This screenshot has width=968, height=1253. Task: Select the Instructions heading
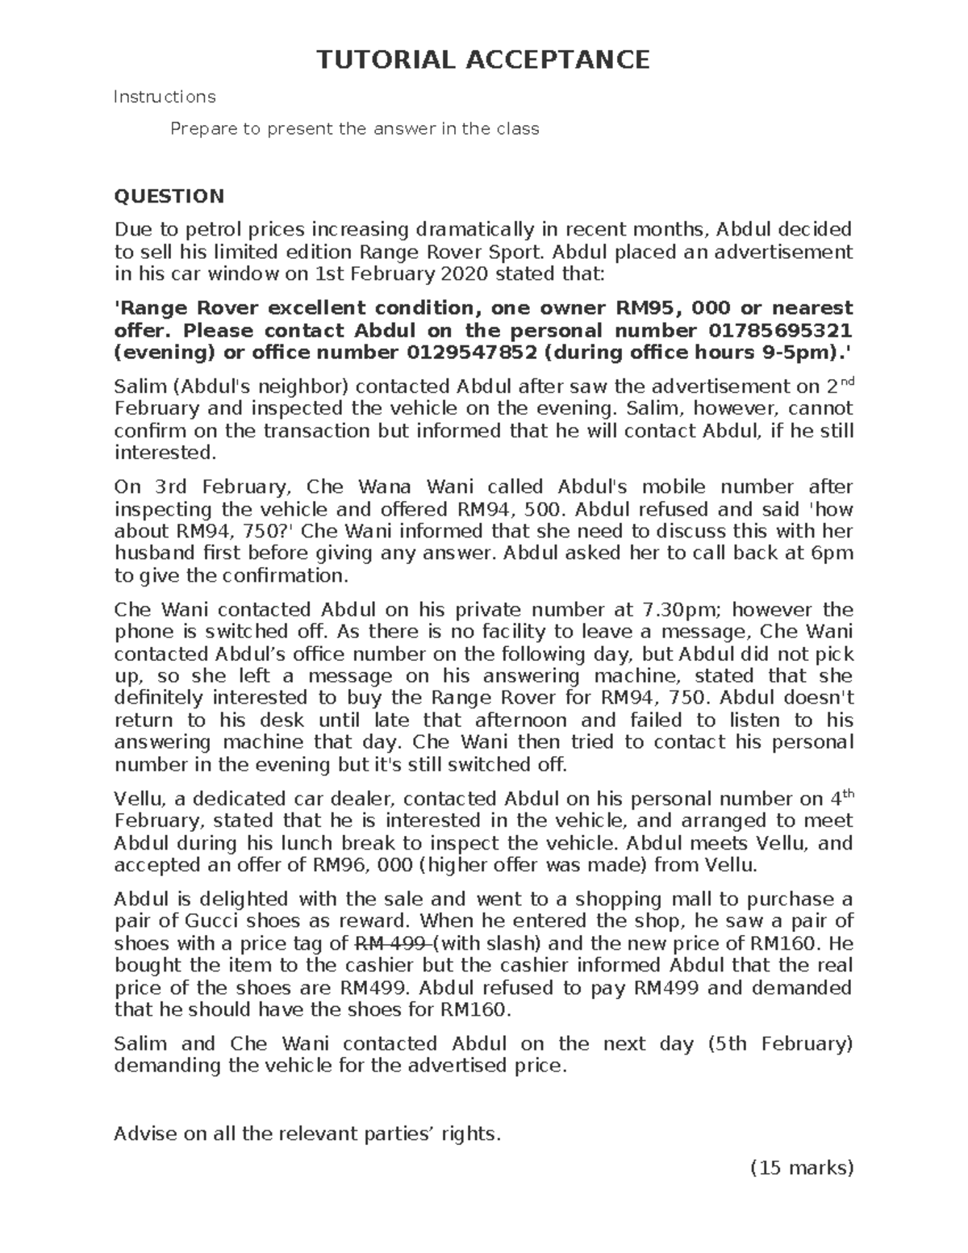[x=165, y=97]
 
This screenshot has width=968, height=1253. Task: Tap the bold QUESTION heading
[x=169, y=196]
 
